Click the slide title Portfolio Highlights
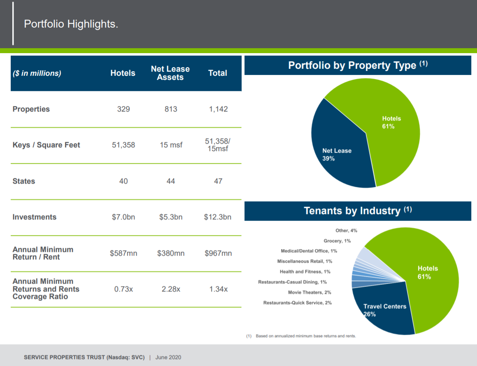tap(71, 24)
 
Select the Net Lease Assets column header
tap(170, 73)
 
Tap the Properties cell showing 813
tap(171, 109)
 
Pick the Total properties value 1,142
tap(218, 109)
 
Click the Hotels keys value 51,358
tap(123, 145)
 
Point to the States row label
tap(24, 181)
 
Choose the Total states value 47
tap(218, 181)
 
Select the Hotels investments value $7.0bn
tap(123, 217)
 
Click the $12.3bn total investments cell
tap(217, 217)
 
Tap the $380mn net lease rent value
tap(171, 253)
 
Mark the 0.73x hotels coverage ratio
tap(123, 289)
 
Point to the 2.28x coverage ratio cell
tap(171, 289)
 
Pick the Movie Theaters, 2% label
tap(309, 292)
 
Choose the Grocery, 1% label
tap(337, 241)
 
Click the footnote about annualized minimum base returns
tap(301, 336)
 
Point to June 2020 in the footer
tap(168, 357)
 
